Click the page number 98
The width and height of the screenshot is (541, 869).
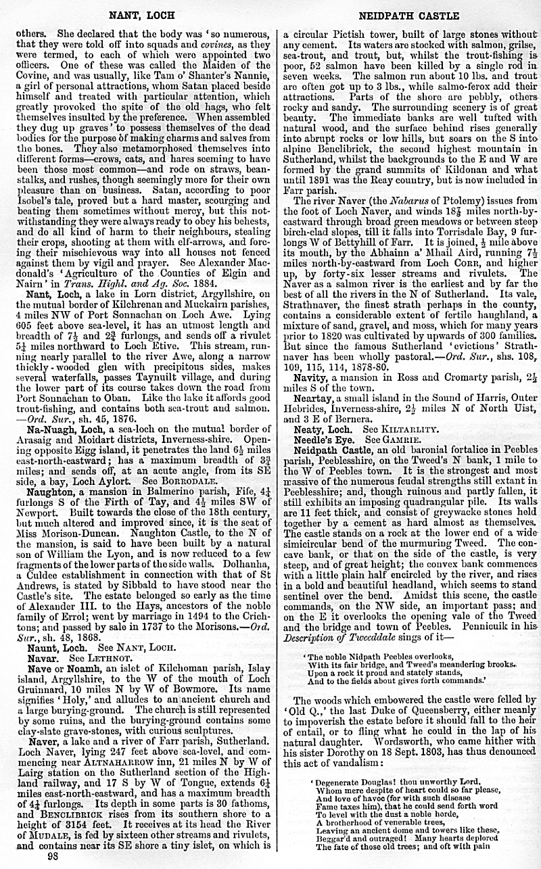[x=52, y=855]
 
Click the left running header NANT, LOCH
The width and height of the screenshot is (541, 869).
[x=141, y=15]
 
